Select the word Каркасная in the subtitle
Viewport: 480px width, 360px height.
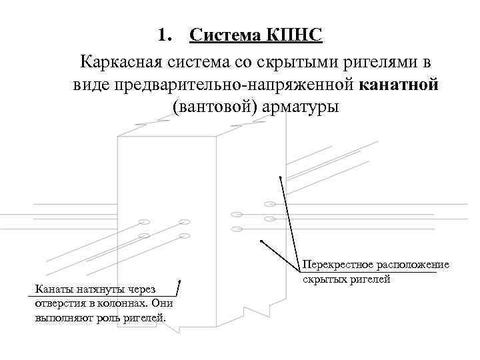tap(119, 63)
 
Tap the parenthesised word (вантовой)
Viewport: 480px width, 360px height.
tap(213, 107)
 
